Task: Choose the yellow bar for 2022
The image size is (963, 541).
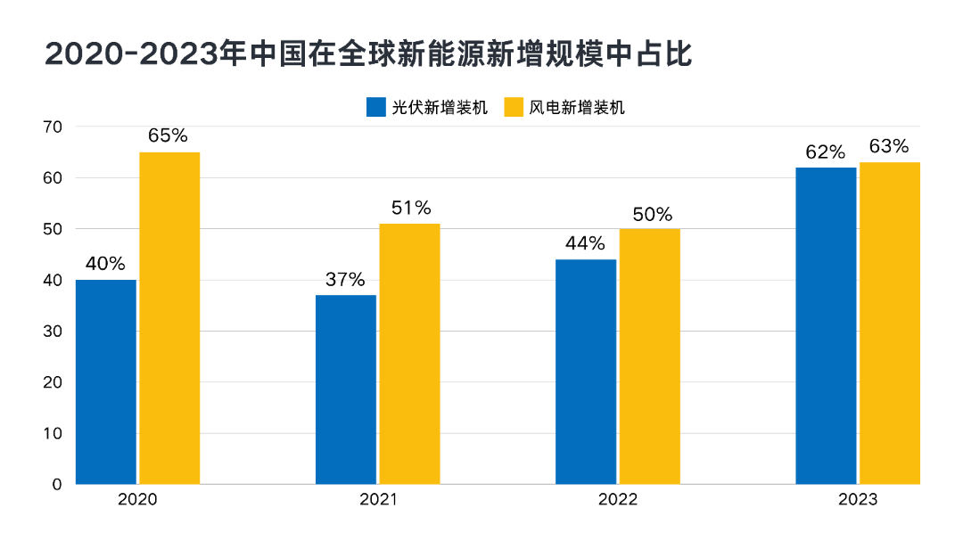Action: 649,357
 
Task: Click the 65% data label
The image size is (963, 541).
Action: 169,136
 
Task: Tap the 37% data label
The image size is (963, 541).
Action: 345,279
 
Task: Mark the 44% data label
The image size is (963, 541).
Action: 585,243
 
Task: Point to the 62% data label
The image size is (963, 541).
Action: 825,152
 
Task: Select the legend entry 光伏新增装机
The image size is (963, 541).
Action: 429,108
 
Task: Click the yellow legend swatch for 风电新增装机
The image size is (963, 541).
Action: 514,108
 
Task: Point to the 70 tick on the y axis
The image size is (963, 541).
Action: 52,127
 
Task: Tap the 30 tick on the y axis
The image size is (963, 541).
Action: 52,331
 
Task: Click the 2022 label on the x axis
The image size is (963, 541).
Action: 618,500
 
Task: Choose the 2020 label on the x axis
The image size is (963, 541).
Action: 137,500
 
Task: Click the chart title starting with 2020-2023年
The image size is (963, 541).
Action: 368,53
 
